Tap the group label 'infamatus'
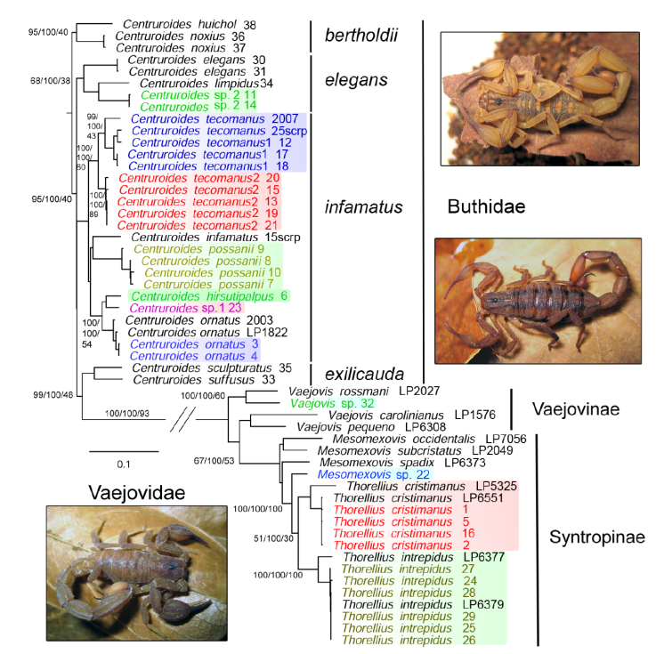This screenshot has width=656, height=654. click(364, 207)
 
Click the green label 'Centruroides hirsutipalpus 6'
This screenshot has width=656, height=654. click(209, 295)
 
